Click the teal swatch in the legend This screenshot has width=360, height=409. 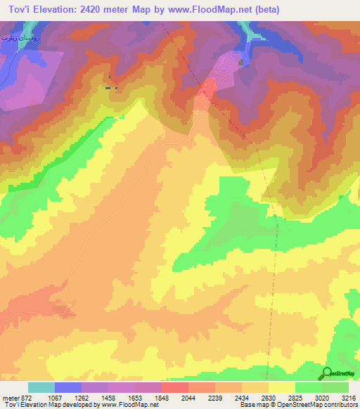click(41, 387)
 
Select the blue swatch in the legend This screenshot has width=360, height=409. click(68, 387)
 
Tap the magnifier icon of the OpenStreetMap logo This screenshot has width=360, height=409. click(327, 372)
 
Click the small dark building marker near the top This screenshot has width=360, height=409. click(241, 63)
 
